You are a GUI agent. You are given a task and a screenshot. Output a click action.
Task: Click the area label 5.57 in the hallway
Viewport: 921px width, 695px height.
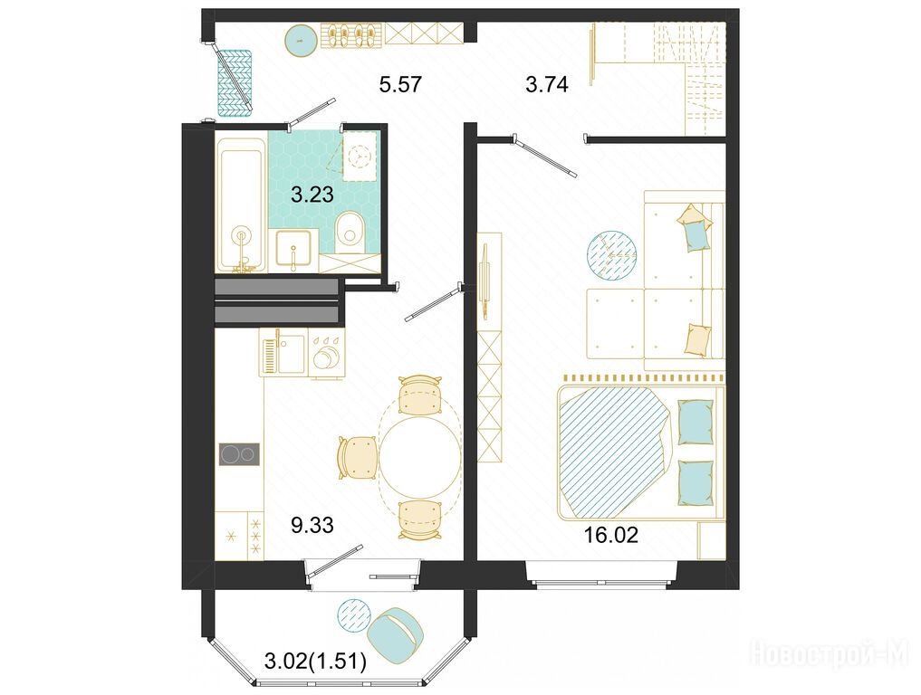pyautogui.click(x=400, y=84)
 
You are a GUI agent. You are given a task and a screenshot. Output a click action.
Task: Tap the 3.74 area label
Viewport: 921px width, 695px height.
pyautogui.click(x=547, y=84)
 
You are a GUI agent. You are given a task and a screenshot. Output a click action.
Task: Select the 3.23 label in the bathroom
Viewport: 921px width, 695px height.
pyautogui.click(x=312, y=195)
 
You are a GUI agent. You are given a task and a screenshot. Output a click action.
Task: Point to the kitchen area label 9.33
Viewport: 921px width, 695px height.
pyautogui.click(x=312, y=525)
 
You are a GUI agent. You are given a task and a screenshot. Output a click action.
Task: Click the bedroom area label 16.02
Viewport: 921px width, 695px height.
pyautogui.click(x=611, y=535)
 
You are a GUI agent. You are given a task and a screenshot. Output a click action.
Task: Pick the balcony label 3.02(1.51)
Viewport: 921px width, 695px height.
pyautogui.click(x=316, y=662)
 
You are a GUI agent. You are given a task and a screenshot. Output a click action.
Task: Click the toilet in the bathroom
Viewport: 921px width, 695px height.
pyautogui.click(x=350, y=233)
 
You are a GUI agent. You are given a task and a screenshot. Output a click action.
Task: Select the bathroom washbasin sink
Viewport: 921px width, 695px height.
pyautogui.click(x=293, y=250)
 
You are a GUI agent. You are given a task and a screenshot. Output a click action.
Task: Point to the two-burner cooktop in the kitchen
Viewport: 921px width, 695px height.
pyautogui.click(x=240, y=454)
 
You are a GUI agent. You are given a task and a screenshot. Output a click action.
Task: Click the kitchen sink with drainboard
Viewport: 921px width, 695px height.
pyautogui.click(x=283, y=352)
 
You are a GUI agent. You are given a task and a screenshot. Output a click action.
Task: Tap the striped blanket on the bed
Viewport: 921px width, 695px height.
pyautogui.click(x=614, y=452)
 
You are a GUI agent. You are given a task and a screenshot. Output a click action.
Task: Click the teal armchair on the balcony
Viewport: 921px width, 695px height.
pyautogui.click(x=396, y=635)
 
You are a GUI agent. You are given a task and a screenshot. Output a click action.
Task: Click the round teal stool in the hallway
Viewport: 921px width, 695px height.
pyautogui.click(x=302, y=40)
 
